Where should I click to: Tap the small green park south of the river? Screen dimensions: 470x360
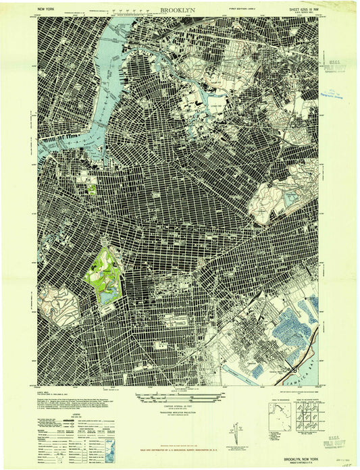point(91,188)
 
